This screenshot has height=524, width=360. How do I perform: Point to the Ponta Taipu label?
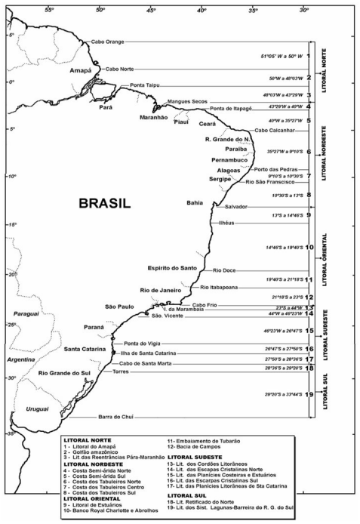(145, 85)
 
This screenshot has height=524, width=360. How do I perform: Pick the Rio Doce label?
(224, 270)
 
